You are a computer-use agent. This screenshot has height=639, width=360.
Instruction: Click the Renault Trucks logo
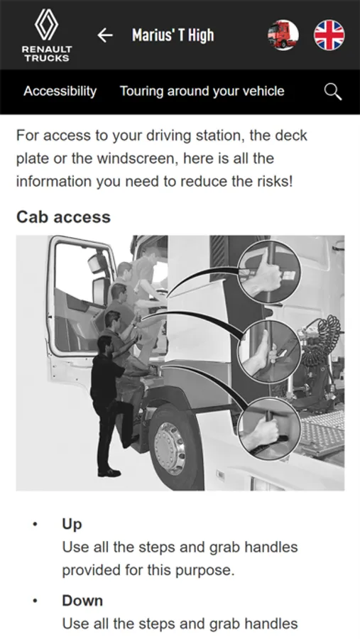click(47, 35)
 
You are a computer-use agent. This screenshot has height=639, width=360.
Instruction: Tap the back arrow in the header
click(105, 35)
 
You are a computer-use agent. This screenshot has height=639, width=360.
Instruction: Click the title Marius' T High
click(173, 35)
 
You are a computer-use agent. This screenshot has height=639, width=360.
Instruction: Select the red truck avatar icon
click(283, 35)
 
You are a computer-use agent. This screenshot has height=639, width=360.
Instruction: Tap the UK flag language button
click(329, 35)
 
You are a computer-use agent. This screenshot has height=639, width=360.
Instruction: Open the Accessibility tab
click(60, 92)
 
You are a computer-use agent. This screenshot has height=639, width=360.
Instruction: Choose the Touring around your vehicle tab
click(202, 91)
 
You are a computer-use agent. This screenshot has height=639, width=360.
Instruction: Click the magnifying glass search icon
click(333, 92)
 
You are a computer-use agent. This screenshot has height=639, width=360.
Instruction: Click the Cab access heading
click(64, 217)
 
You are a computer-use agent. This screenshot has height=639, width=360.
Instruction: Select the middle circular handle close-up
click(269, 351)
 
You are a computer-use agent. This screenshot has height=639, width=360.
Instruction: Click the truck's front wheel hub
click(170, 448)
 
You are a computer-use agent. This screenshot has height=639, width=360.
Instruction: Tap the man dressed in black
click(108, 405)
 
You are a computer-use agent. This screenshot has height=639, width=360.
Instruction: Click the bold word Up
click(72, 524)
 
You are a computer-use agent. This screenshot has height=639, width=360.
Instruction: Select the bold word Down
click(82, 601)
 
